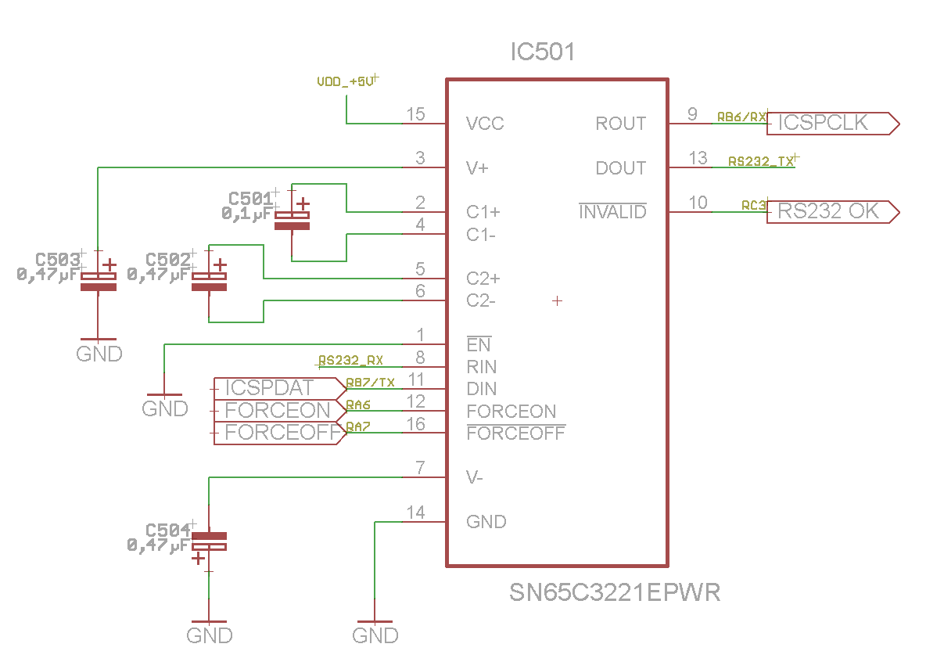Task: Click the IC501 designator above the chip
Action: tap(542, 52)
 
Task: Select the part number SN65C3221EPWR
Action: tap(615, 592)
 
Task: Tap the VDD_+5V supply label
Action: tap(345, 81)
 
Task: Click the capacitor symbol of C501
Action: tap(292, 220)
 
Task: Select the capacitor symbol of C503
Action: tap(99, 282)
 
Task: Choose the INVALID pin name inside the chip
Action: tap(612, 212)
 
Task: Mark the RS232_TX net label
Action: tap(761, 162)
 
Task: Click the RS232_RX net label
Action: tap(350, 361)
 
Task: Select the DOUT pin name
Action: tap(621, 168)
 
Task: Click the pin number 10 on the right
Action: tap(698, 203)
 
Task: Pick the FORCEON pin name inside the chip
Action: tap(511, 411)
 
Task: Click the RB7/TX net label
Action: tap(371, 383)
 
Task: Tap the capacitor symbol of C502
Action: tap(209, 282)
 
